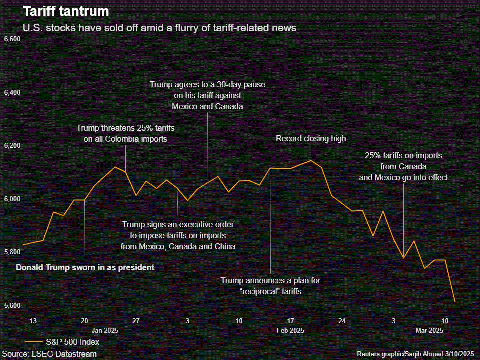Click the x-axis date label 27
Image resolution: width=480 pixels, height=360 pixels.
(136, 320)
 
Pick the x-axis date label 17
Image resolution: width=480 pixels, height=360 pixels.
(291, 320)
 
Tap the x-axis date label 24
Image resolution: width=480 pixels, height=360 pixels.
(342, 320)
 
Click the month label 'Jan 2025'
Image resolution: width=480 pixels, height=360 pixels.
(105, 330)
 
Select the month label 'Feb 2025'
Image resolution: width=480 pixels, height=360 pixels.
(290, 330)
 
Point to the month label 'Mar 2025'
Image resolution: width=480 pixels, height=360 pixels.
(429, 330)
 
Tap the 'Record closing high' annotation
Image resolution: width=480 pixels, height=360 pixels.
(311, 138)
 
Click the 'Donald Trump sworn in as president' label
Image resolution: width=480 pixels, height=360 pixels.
(85, 268)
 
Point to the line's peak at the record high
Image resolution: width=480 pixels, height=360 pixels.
(311, 161)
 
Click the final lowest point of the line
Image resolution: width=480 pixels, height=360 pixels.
(455, 302)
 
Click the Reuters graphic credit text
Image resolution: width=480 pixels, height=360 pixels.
(415, 354)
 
